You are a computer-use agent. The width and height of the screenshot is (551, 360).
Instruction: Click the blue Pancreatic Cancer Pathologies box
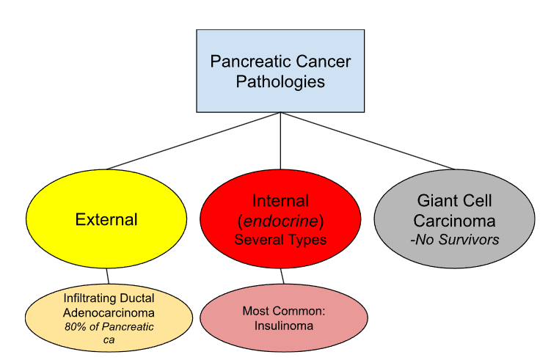(x=280, y=71)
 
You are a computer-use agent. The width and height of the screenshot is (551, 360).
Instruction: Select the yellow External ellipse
(x=106, y=219)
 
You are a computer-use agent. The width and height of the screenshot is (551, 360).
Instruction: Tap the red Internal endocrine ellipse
(x=280, y=219)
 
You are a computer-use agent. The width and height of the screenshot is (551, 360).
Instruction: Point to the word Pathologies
(x=280, y=81)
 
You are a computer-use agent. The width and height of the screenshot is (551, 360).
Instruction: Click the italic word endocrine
(x=281, y=220)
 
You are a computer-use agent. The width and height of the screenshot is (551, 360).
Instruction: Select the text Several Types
(x=280, y=239)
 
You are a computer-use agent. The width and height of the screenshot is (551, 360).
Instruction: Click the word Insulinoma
(x=282, y=326)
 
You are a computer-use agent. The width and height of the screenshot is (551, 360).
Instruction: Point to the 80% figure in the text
(x=75, y=326)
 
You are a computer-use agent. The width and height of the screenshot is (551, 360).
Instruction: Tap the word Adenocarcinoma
(x=109, y=312)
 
